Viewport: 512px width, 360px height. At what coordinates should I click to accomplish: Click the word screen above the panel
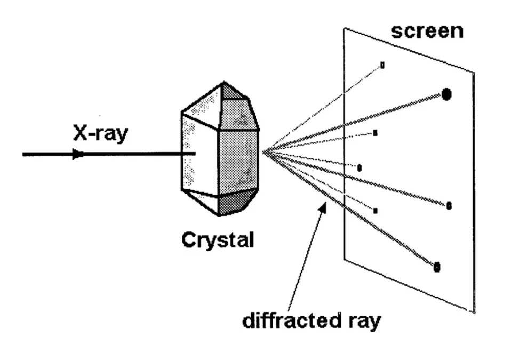(427, 30)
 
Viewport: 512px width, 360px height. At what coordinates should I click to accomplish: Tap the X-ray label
(101, 134)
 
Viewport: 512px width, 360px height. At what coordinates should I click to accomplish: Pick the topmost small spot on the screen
(382, 65)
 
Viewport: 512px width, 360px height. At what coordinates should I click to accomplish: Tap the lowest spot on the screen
(437, 267)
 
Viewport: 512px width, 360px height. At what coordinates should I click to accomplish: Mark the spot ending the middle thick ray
(449, 205)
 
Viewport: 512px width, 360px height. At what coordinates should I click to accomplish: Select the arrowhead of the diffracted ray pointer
(323, 206)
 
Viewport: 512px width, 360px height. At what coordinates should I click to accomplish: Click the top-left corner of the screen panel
(343, 28)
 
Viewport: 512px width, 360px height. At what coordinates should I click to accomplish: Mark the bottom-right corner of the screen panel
(474, 313)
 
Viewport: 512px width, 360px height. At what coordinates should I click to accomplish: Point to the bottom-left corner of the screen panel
(344, 260)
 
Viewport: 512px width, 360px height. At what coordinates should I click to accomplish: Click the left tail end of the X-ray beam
(23, 155)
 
